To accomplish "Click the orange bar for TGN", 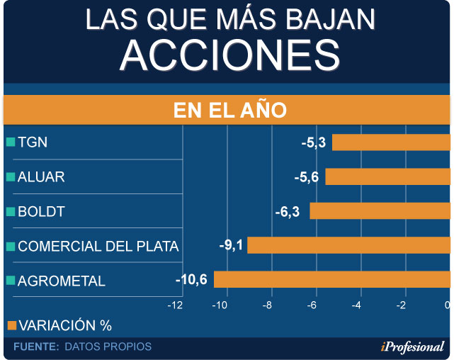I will click(391, 142).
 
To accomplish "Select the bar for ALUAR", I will click(387, 176).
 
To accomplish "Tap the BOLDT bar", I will click(380, 211).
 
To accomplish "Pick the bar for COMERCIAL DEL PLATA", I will click(348, 245).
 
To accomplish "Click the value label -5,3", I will click(313, 142).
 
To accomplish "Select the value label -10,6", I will click(191, 279).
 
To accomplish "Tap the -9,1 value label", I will click(231, 245).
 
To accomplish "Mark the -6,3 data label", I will click(290, 211).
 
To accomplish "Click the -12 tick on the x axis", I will click(175, 305).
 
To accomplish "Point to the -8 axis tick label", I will click(267, 305).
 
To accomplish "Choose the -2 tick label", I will click(402, 305).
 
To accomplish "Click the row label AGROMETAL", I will click(61, 281).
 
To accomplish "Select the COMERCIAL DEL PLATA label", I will click(98, 247).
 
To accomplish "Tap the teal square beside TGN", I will click(10, 142).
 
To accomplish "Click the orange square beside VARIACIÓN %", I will click(10, 325).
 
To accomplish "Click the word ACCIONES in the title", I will click(227, 54).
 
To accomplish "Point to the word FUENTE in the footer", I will click(36, 347).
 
